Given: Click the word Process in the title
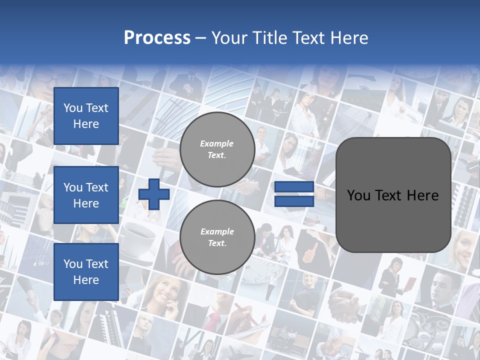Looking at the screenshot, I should click(157, 38).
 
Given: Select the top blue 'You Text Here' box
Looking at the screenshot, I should click(86, 116).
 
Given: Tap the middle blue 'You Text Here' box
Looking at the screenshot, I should click(86, 195).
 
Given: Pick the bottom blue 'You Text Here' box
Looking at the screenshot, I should click(86, 272).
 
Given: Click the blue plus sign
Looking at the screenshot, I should click(154, 194).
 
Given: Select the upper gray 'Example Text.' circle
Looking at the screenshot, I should click(217, 149).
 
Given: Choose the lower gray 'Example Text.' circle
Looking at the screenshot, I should click(217, 237).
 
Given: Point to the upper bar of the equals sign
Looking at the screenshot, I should click(294, 187).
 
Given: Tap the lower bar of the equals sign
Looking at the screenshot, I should click(294, 201).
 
